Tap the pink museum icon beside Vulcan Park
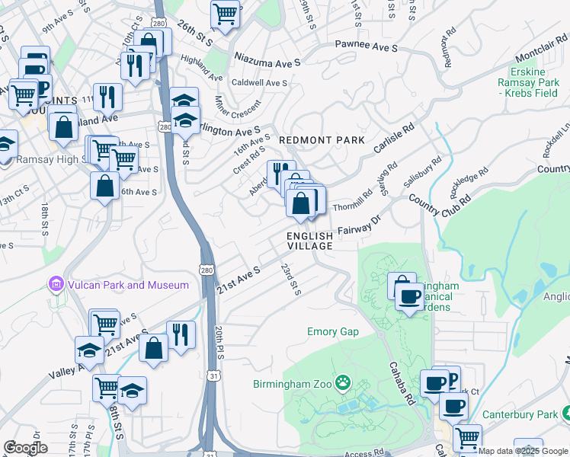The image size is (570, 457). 55,285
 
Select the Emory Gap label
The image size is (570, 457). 333,332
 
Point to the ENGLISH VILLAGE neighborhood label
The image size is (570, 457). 310,241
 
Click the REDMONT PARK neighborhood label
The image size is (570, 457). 322,141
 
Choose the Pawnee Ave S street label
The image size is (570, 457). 367,48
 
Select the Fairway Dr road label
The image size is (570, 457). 360,225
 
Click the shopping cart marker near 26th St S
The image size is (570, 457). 225,13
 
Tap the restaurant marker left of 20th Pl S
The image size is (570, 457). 181,334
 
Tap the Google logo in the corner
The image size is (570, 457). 25,448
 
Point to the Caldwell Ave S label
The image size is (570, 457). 259,82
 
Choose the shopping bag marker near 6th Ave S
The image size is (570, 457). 104,186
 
